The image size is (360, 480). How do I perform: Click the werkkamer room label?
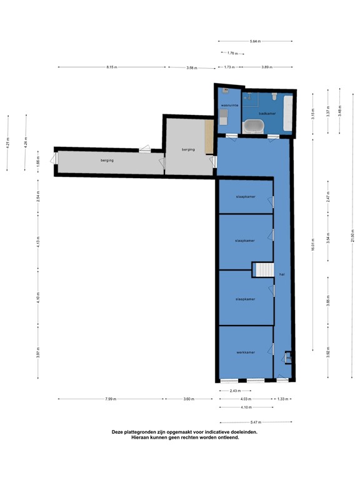[245, 352]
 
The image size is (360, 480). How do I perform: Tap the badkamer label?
[267, 114]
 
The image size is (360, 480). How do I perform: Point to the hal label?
[282, 274]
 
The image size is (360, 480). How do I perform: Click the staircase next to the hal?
[263, 269]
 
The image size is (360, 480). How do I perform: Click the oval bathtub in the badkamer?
[253, 127]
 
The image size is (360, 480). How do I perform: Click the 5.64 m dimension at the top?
[254, 41]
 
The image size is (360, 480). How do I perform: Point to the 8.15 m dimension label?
[111, 67]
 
